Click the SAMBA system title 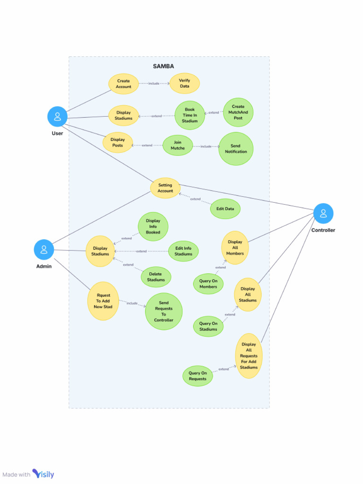click(x=163, y=66)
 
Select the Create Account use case click(x=123, y=84)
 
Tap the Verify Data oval click(x=184, y=83)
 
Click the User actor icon click(x=57, y=116)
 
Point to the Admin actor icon click(x=44, y=249)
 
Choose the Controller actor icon click(x=323, y=213)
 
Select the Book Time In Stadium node click(x=190, y=115)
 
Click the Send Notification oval click(x=236, y=149)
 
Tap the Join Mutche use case click(x=178, y=145)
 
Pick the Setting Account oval click(x=165, y=188)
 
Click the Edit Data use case click(x=225, y=209)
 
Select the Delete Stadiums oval click(x=156, y=277)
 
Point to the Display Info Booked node click(x=153, y=226)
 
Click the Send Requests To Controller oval click(x=164, y=311)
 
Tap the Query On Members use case click(x=208, y=284)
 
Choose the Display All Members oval click(x=235, y=248)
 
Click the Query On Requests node click(x=198, y=376)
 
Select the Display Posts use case click(x=118, y=142)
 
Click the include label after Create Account click(x=154, y=84)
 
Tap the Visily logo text click(x=43, y=474)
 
